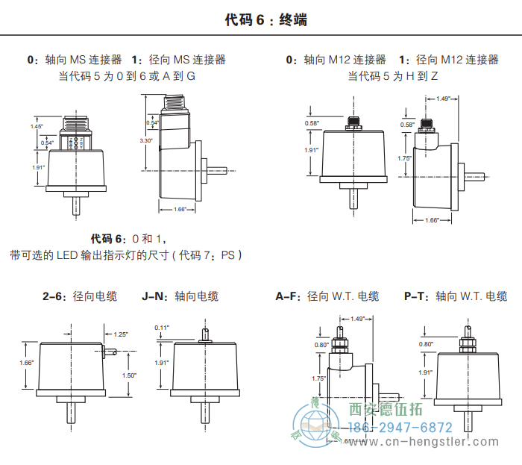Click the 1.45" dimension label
37,127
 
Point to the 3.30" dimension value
145,140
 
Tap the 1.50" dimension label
129,375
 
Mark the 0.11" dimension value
162,328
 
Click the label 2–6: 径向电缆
80,296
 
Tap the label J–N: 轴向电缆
180,296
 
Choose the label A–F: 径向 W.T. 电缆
327,296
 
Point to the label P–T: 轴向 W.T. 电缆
455,296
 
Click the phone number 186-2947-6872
401,428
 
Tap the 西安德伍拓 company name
386,409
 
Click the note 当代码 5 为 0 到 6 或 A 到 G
127,76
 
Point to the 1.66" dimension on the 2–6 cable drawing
28,363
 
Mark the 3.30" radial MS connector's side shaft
216,171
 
